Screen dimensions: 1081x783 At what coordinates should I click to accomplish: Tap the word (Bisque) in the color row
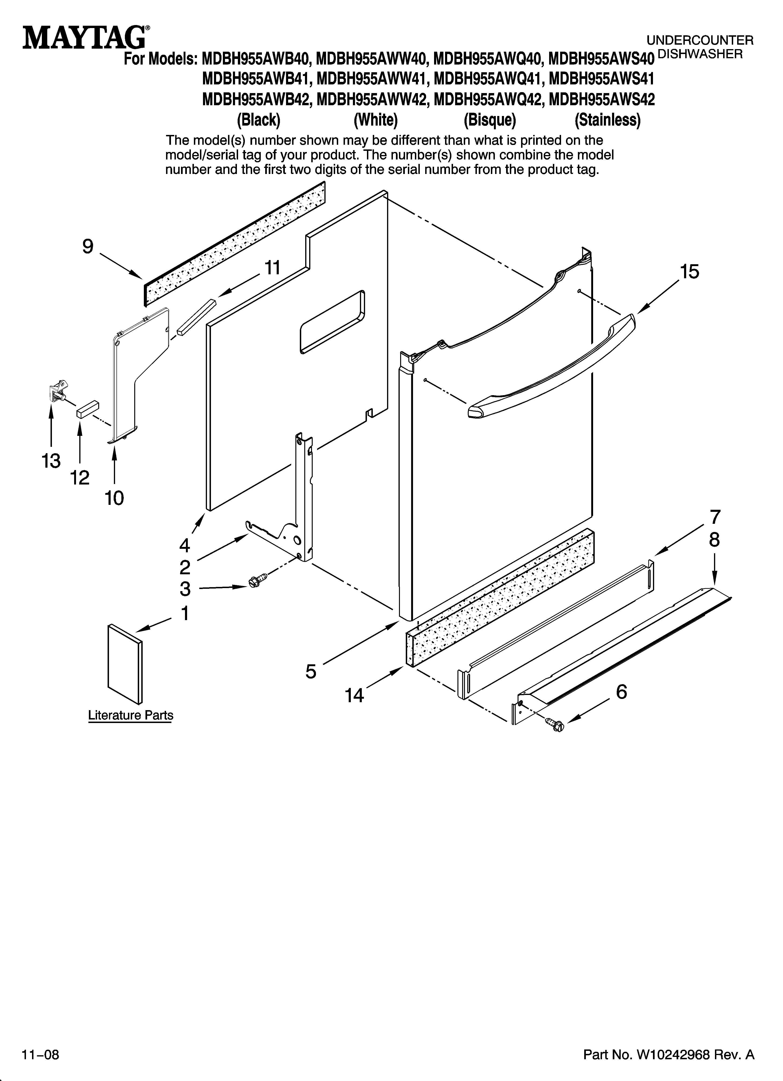coord(490,120)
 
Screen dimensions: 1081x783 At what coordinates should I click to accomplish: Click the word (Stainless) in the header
coord(608,120)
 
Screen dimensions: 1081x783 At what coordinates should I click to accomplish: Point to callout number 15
coord(689,272)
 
